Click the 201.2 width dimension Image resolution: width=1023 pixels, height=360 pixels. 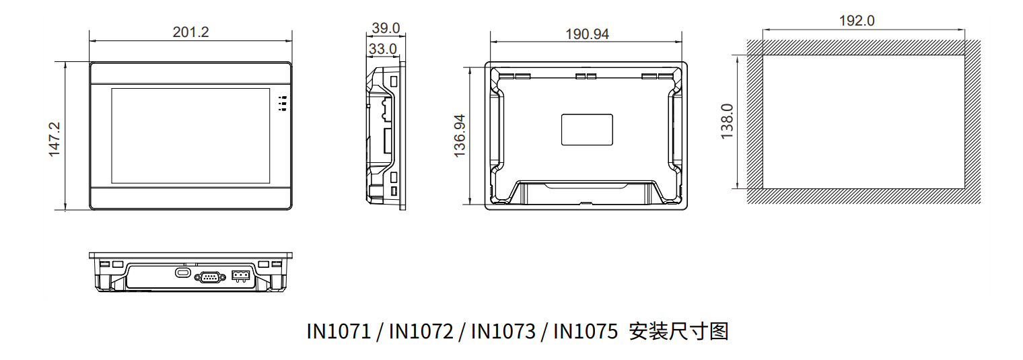pyautogui.click(x=190, y=32)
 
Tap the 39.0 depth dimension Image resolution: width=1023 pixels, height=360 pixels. pyautogui.click(x=386, y=28)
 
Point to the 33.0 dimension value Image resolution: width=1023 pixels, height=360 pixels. pyautogui.click(x=382, y=49)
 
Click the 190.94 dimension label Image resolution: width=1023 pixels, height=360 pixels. pyautogui.click(x=587, y=34)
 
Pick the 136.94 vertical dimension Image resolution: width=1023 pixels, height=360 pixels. pyautogui.click(x=460, y=136)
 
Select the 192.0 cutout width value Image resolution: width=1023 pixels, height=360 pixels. pyautogui.click(x=856, y=21)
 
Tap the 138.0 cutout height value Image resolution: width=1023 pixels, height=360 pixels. pyautogui.click(x=728, y=121)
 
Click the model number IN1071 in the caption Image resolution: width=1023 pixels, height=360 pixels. pyautogui.click(x=339, y=332)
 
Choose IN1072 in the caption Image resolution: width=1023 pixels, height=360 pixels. pyautogui.click(x=421, y=332)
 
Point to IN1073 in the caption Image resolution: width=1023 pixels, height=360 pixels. pyautogui.click(x=503, y=332)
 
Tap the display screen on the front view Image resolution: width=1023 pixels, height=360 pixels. pyautogui.click(x=190, y=136)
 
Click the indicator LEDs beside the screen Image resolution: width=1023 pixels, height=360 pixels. pyautogui.click(x=283, y=103)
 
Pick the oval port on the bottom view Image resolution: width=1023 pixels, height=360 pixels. pyautogui.click(x=182, y=273)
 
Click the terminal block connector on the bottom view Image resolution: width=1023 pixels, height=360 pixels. pyautogui.click(x=240, y=275)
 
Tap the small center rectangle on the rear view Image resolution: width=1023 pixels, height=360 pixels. pyautogui.click(x=587, y=129)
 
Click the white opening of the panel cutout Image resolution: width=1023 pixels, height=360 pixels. pyautogui.click(x=863, y=121)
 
